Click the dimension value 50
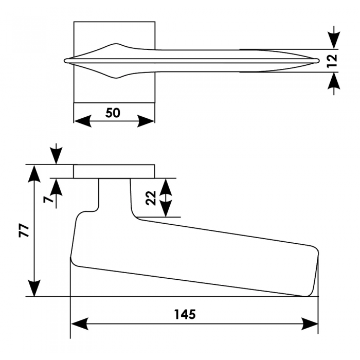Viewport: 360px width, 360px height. point(113,113)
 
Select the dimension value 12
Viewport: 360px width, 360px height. point(332,61)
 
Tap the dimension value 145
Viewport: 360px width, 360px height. point(185,314)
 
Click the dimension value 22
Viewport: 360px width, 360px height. point(151,197)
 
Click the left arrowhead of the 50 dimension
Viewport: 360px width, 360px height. point(81,120)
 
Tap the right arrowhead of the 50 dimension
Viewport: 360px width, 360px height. point(147,120)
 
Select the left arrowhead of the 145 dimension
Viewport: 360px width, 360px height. point(78,324)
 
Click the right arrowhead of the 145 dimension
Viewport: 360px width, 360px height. point(310,324)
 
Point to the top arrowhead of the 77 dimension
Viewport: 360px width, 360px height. point(34,173)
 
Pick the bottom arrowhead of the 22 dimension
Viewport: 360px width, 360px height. point(165,209)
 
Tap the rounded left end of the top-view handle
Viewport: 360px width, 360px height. point(66,61)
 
